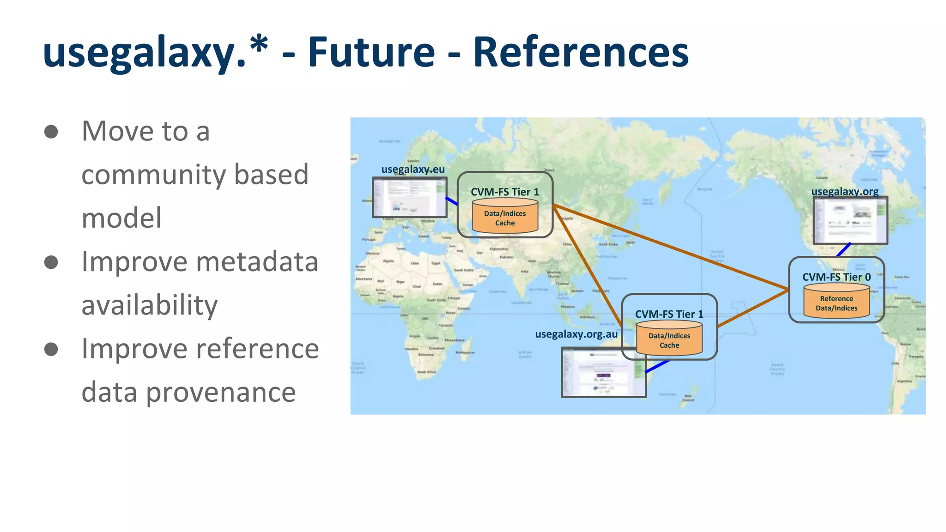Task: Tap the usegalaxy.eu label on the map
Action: click(x=413, y=169)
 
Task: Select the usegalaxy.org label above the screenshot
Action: click(x=845, y=191)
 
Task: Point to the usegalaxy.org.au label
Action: click(x=576, y=334)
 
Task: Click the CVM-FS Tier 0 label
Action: click(x=837, y=277)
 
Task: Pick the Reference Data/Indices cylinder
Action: click(x=837, y=302)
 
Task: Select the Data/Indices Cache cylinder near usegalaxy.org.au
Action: click(x=669, y=339)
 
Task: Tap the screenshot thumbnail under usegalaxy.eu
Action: click(x=410, y=198)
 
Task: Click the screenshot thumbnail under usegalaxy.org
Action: click(x=850, y=220)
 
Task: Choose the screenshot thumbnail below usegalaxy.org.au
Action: click(x=603, y=372)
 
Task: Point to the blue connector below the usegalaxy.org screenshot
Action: click(x=844, y=250)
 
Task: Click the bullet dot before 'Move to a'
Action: click(x=51, y=132)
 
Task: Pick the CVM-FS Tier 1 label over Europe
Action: click(x=505, y=192)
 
